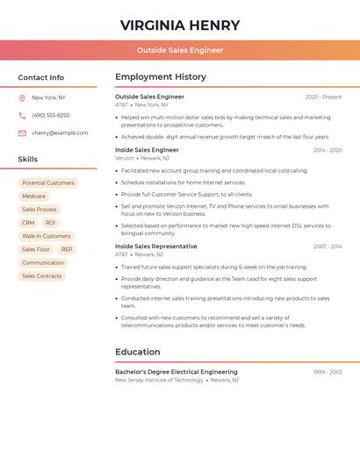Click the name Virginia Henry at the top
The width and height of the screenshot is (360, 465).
(x=180, y=25)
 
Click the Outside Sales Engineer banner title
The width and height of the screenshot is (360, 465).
(x=180, y=50)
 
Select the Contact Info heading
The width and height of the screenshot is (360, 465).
(x=40, y=77)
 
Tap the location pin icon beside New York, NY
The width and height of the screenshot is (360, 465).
(x=22, y=97)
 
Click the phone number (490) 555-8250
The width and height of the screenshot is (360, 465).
(x=51, y=115)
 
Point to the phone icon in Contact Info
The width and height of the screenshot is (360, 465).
(x=22, y=115)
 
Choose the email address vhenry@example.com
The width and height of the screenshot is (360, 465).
(x=60, y=132)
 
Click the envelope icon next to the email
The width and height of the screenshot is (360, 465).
(x=22, y=133)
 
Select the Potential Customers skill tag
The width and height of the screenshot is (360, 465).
(x=48, y=183)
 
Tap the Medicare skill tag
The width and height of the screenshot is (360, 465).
(x=33, y=197)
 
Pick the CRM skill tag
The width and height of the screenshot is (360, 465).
(x=28, y=223)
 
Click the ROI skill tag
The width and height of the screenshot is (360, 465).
(x=50, y=223)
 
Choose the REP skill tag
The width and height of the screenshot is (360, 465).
(x=67, y=249)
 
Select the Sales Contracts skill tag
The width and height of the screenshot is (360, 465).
(x=42, y=275)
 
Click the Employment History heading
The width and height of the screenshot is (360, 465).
(x=161, y=77)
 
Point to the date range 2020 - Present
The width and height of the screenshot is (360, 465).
(x=323, y=97)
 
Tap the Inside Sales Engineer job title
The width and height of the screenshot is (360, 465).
(x=147, y=150)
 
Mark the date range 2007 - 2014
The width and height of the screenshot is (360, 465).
(x=328, y=247)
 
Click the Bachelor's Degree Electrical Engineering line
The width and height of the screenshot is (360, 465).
(x=176, y=372)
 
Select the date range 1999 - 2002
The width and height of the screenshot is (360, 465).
(x=328, y=372)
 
